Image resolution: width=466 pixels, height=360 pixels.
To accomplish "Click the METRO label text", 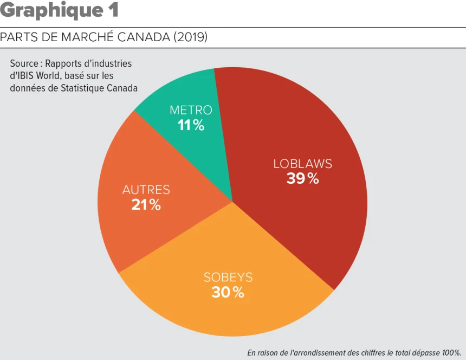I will [x=191, y=110].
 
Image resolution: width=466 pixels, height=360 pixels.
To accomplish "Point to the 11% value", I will [x=191, y=125].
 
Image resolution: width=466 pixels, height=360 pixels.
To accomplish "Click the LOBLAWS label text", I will [x=302, y=163].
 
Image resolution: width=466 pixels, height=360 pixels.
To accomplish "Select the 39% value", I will [x=302, y=178].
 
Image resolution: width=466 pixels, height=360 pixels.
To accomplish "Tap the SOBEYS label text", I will [x=228, y=277].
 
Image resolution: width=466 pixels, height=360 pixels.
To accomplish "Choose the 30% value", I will [x=228, y=293].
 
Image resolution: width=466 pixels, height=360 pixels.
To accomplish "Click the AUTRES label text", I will [x=146, y=190].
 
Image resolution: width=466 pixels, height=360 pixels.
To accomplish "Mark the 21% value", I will [x=146, y=205].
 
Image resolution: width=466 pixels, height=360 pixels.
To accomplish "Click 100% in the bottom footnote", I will [x=450, y=352].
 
